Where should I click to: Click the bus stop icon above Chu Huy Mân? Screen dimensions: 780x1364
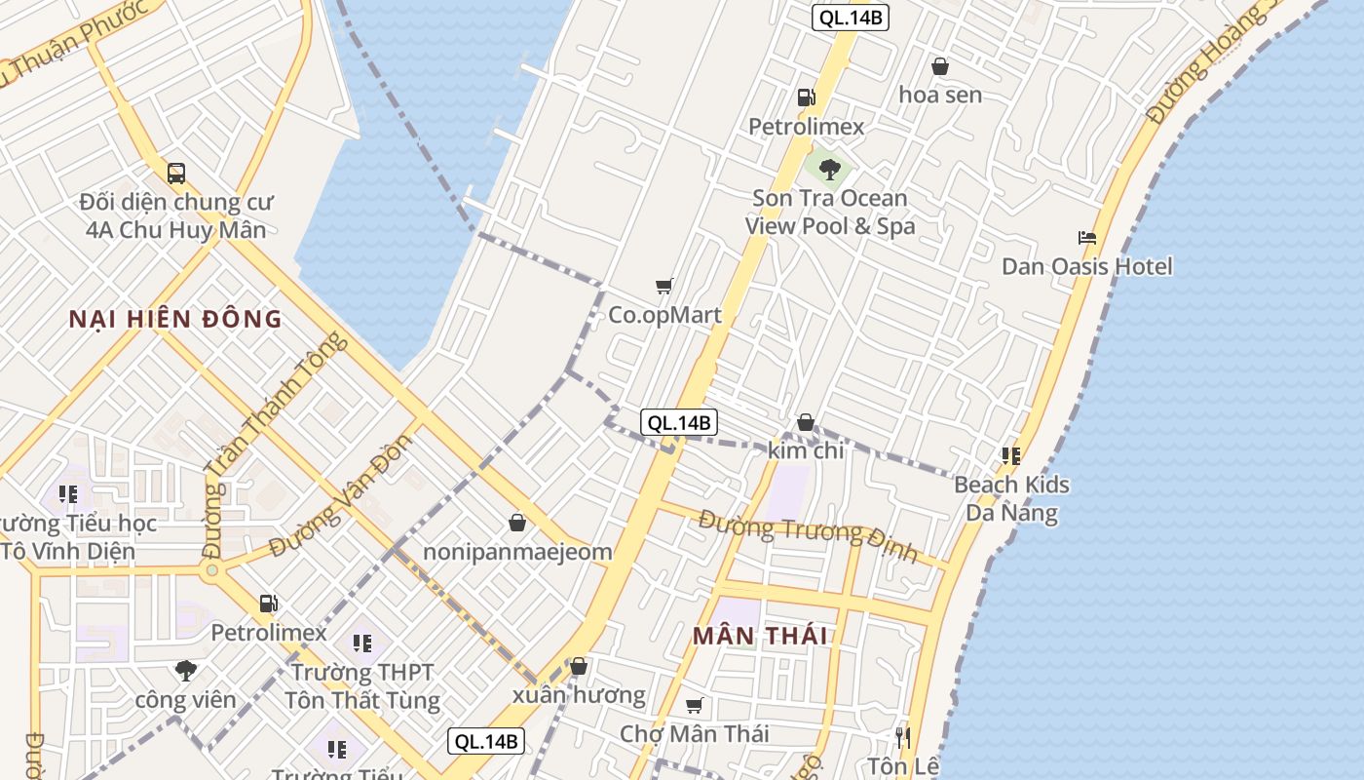175,174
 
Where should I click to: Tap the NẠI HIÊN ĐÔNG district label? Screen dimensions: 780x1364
175,319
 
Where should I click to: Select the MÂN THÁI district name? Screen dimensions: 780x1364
760,637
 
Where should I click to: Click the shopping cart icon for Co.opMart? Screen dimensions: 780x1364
664,286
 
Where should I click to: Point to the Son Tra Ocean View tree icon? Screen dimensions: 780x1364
829,170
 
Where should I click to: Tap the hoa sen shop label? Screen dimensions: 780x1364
940,96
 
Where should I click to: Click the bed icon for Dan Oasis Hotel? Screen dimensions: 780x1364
1087,238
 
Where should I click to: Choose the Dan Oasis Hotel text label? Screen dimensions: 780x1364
1087,266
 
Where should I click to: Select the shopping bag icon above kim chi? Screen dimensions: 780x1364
806,423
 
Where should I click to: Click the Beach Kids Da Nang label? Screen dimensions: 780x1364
1011,498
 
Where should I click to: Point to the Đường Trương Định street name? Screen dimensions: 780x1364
808,536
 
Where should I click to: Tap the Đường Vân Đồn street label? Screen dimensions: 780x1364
342,496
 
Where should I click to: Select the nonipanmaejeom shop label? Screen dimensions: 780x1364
517,552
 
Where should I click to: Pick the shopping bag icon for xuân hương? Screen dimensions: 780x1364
579,667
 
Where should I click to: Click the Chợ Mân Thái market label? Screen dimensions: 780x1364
695,733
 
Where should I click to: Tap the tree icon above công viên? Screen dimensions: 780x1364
186,671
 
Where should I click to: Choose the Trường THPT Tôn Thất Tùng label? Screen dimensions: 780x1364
362,686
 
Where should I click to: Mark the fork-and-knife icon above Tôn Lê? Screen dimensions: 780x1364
903,737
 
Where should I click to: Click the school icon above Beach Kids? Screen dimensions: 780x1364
1011,455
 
